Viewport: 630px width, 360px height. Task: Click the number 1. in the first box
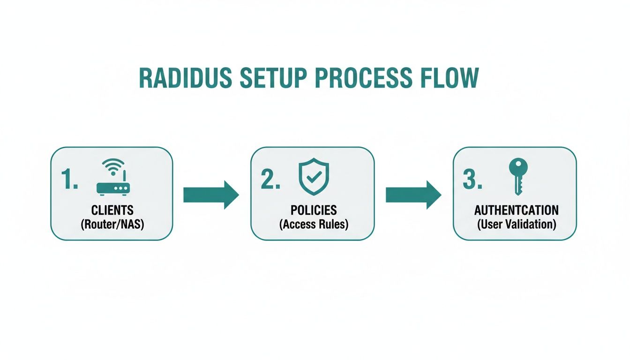[69, 179]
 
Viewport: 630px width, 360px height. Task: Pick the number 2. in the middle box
[270, 179]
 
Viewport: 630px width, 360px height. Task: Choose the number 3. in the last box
[472, 179]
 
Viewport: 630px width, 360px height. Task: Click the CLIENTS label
[112, 210]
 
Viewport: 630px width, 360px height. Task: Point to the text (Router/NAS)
[112, 224]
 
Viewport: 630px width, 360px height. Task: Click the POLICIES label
[314, 210]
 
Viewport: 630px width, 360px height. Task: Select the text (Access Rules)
[314, 224]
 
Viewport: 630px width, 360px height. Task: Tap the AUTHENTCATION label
[516, 210]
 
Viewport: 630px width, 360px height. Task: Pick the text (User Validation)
[516, 224]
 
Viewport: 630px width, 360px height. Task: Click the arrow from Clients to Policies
[211, 195]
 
